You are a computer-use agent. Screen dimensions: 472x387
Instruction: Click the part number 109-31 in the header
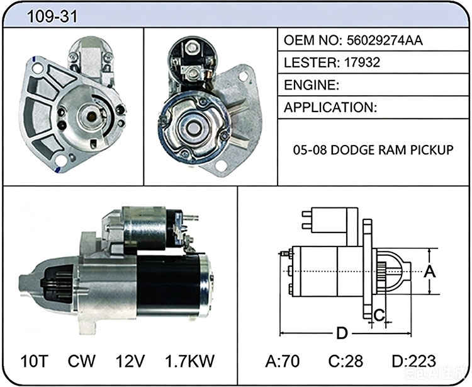click(x=52, y=16)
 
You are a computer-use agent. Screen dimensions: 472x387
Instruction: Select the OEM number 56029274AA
click(x=385, y=40)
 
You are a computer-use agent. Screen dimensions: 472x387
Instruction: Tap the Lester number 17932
click(x=362, y=62)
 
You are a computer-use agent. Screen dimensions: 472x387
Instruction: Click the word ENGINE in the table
click(x=310, y=85)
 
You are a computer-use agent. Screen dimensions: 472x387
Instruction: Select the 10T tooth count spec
click(x=35, y=361)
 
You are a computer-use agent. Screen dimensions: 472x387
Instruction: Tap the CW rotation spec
click(x=82, y=361)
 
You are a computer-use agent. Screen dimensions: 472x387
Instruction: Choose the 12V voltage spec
click(x=130, y=361)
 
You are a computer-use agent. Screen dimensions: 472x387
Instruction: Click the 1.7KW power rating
click(x=190, y=361)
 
